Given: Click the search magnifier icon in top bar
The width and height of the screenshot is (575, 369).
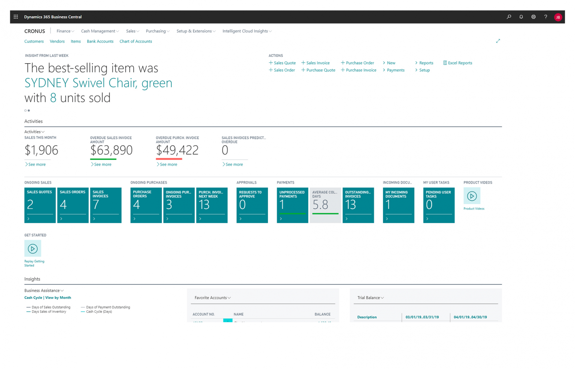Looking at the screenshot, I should [x=509, y=17].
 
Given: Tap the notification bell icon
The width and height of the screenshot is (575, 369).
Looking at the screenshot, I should [x=521, y=17].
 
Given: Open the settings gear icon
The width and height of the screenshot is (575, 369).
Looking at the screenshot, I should [x=533, y=17].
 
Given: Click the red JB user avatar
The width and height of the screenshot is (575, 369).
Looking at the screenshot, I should [x=558, y=17].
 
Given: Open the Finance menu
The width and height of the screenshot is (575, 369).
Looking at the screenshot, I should [x=65, y=31].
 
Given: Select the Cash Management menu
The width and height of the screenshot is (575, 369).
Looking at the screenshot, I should [x=100, y=31].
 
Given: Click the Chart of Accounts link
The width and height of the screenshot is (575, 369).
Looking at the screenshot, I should [x=136, y=42].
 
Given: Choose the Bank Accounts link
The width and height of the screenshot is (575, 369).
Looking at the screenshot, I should [x=100, y=42].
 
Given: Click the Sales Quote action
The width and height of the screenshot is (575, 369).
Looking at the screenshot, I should [x=282, y=63].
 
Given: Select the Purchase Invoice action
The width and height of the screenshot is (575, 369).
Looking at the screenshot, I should [x=359, y=70].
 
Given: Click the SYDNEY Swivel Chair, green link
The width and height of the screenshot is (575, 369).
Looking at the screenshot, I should [x=98, y=83].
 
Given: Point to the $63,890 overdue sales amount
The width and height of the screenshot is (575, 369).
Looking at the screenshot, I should [x=111, y=150].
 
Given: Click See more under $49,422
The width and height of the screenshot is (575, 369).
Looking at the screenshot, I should [x=167, y=164].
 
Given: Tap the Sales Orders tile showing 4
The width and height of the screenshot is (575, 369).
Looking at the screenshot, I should [x=73, y=205].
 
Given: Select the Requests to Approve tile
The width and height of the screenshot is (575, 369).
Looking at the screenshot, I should [x=252, y=205].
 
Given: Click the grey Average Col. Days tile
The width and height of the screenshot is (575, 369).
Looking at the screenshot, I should [x=325, y=205].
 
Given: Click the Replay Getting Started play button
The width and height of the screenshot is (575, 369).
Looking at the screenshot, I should [x=33, y=248].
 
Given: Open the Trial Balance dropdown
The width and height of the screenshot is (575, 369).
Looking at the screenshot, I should [x=370, y=298].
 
